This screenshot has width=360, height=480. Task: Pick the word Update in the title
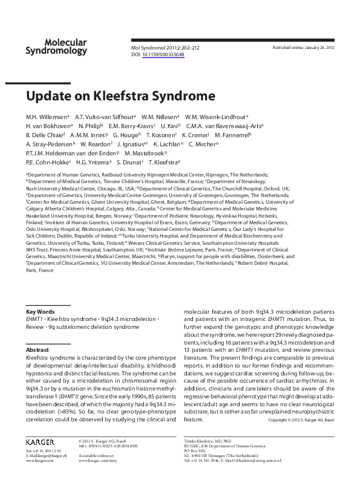[46, 96]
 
